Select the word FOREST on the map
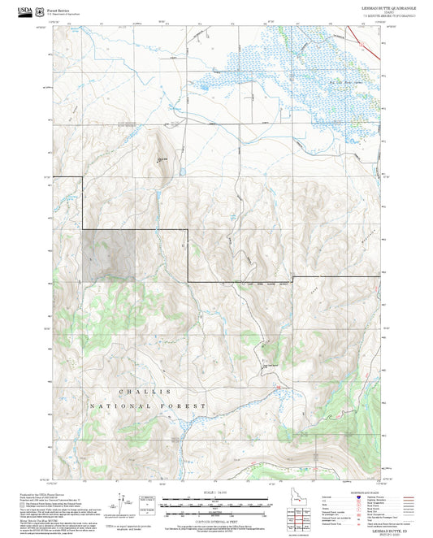point(188,405)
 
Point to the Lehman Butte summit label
point(162,158)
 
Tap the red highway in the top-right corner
point(375,51)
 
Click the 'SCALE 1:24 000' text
point(216,491)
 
